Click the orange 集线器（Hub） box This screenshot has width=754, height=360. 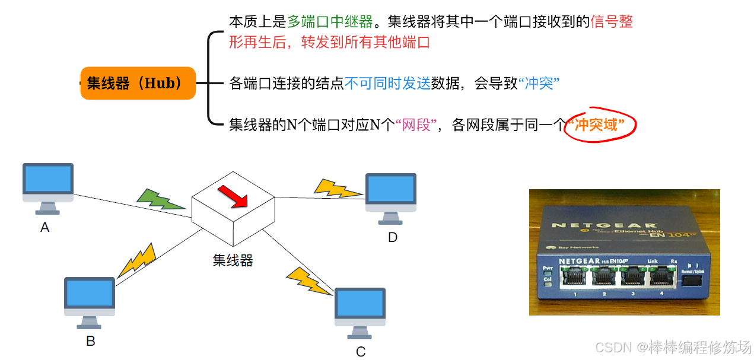(x=138, y=83)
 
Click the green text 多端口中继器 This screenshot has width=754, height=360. (x=330, y=22)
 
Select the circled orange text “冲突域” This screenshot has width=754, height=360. (x=600, y=125)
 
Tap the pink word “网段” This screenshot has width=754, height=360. (x=416, y=125)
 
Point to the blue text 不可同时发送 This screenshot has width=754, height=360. (x=387, y=84)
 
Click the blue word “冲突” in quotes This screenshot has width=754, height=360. (x=539, y=84)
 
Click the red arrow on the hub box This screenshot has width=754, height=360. (x=232, y=196)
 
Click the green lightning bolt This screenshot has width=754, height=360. (x=159, y=199)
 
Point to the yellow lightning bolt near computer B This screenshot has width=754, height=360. (x=138, y=260)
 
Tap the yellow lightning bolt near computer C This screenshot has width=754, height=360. (x=308, y=281)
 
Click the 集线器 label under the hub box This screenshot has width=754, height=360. (x=233, y=260)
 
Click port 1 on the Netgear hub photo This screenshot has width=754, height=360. (x=575, y=277)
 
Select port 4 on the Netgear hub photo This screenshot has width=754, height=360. (x=661, y=277)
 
